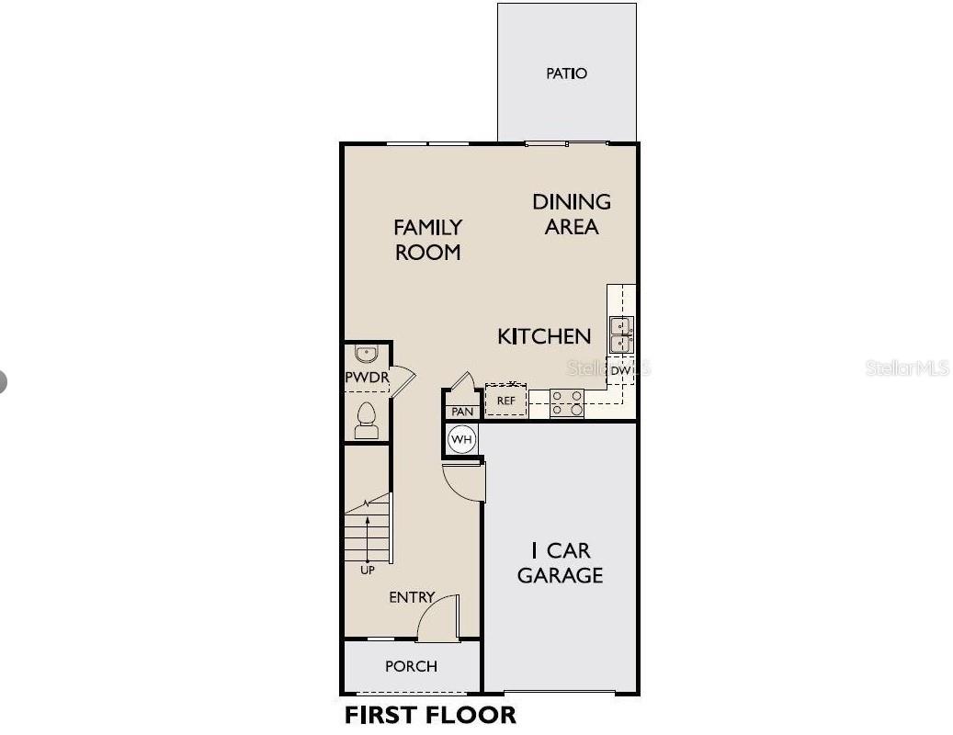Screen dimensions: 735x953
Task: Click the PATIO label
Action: [566, 73]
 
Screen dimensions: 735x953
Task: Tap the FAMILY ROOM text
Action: [427, 239]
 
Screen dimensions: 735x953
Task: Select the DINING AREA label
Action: [572, 213]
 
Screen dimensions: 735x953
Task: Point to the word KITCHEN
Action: [544, 336]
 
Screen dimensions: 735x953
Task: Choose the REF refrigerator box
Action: [505, 401]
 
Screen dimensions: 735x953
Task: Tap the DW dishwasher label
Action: [621, 371]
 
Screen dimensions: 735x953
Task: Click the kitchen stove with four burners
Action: [567, 403]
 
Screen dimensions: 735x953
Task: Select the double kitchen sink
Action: [622, 335]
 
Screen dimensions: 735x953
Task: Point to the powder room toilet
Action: [367, 421]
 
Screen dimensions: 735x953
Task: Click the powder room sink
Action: [367, 355]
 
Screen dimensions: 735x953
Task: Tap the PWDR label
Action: [367, 379]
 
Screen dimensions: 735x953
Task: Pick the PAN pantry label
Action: [462, 412]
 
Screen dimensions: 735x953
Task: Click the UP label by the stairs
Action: [368, 571]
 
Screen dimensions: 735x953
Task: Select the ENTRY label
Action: [411, 597]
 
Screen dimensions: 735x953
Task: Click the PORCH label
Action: [411, 666]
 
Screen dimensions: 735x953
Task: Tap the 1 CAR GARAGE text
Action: [560, 563]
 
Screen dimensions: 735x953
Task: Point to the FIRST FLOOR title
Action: [430, 715]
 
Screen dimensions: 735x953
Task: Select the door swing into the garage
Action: [465, 483]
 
